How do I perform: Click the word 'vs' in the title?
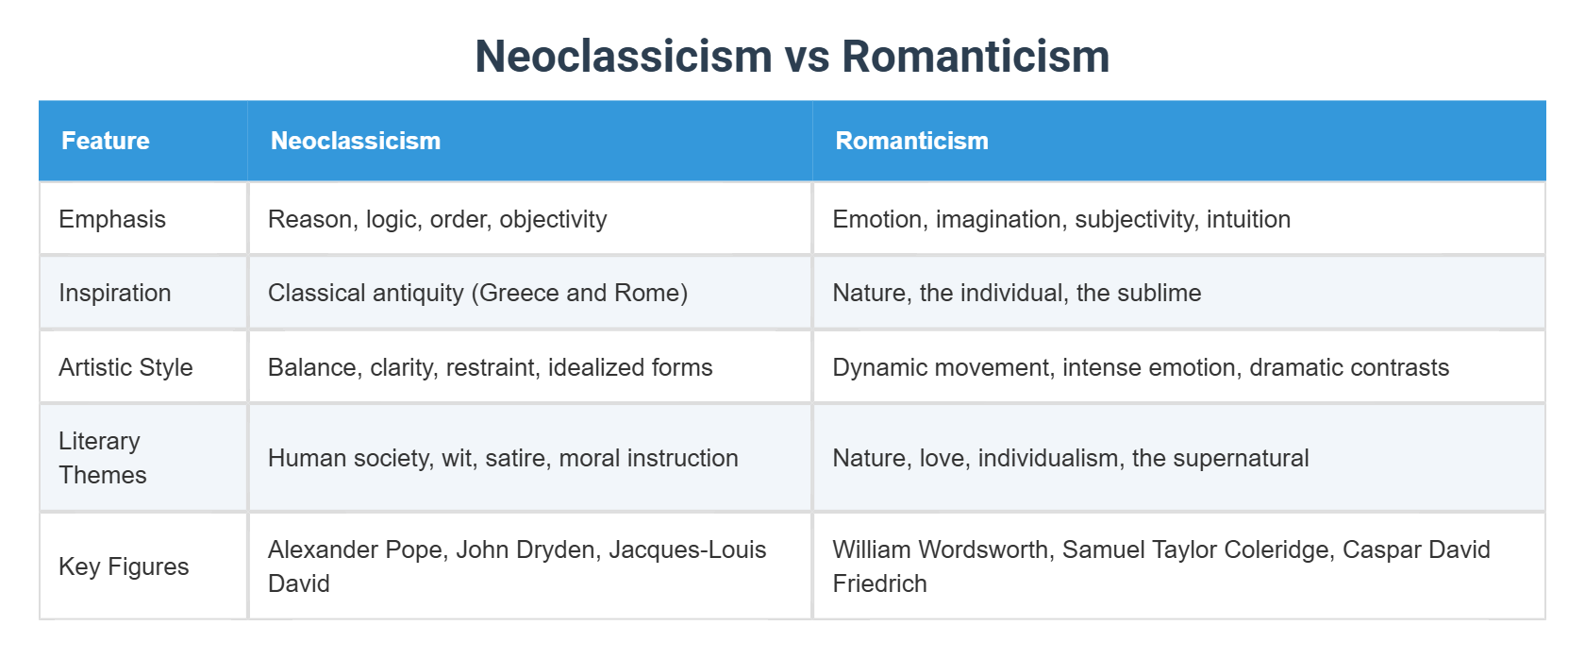[x=807, y=57]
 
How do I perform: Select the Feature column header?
[x=106, y=141]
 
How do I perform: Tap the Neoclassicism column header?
[x=356, y=141]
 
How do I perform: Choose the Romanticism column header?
[x=911, y=141]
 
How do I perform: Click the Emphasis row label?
[x=112, y=219]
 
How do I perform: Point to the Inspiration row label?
[x=115, y=293]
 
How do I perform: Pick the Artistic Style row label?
[x=125, y=367]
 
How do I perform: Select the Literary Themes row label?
[x=102, y=458]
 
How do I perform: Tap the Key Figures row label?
[x=124, y=566]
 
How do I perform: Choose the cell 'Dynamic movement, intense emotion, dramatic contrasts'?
[x=1141, y=367]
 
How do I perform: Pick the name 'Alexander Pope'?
[x=355, y=549]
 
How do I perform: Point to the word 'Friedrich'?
[x=879, y=583]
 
